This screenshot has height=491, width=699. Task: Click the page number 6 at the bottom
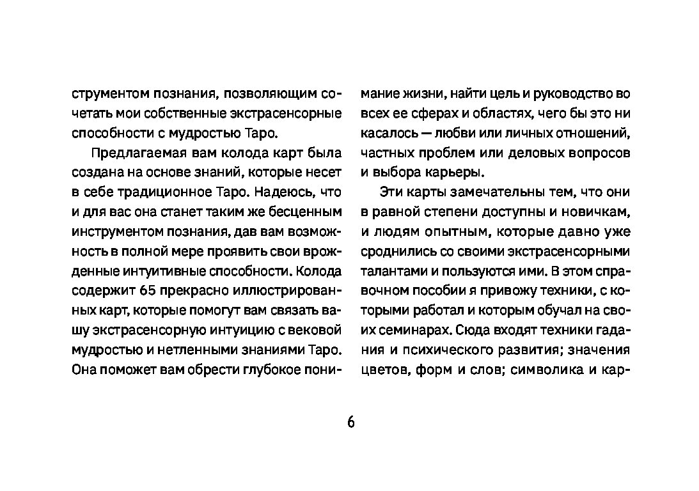coord(350,423)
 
